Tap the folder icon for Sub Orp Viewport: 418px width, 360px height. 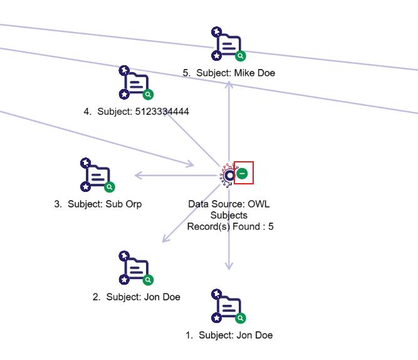98,176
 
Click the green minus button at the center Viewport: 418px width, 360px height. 243,174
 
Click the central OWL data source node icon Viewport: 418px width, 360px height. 229,175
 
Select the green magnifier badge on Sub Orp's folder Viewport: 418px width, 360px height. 110,187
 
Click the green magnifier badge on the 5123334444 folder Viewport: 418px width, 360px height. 149,95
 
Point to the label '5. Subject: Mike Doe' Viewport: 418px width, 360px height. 229,73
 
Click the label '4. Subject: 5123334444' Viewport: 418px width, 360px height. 136,112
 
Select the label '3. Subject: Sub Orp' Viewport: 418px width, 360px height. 98,204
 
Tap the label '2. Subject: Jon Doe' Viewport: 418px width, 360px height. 137,297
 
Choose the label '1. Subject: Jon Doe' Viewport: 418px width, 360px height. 229,335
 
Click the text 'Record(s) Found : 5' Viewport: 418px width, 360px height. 230,226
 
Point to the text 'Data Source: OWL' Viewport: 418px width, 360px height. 229,204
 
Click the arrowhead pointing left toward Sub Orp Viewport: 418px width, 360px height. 138,176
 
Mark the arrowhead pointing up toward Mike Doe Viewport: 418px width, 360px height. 229,85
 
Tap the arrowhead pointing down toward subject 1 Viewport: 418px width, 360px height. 229,266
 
